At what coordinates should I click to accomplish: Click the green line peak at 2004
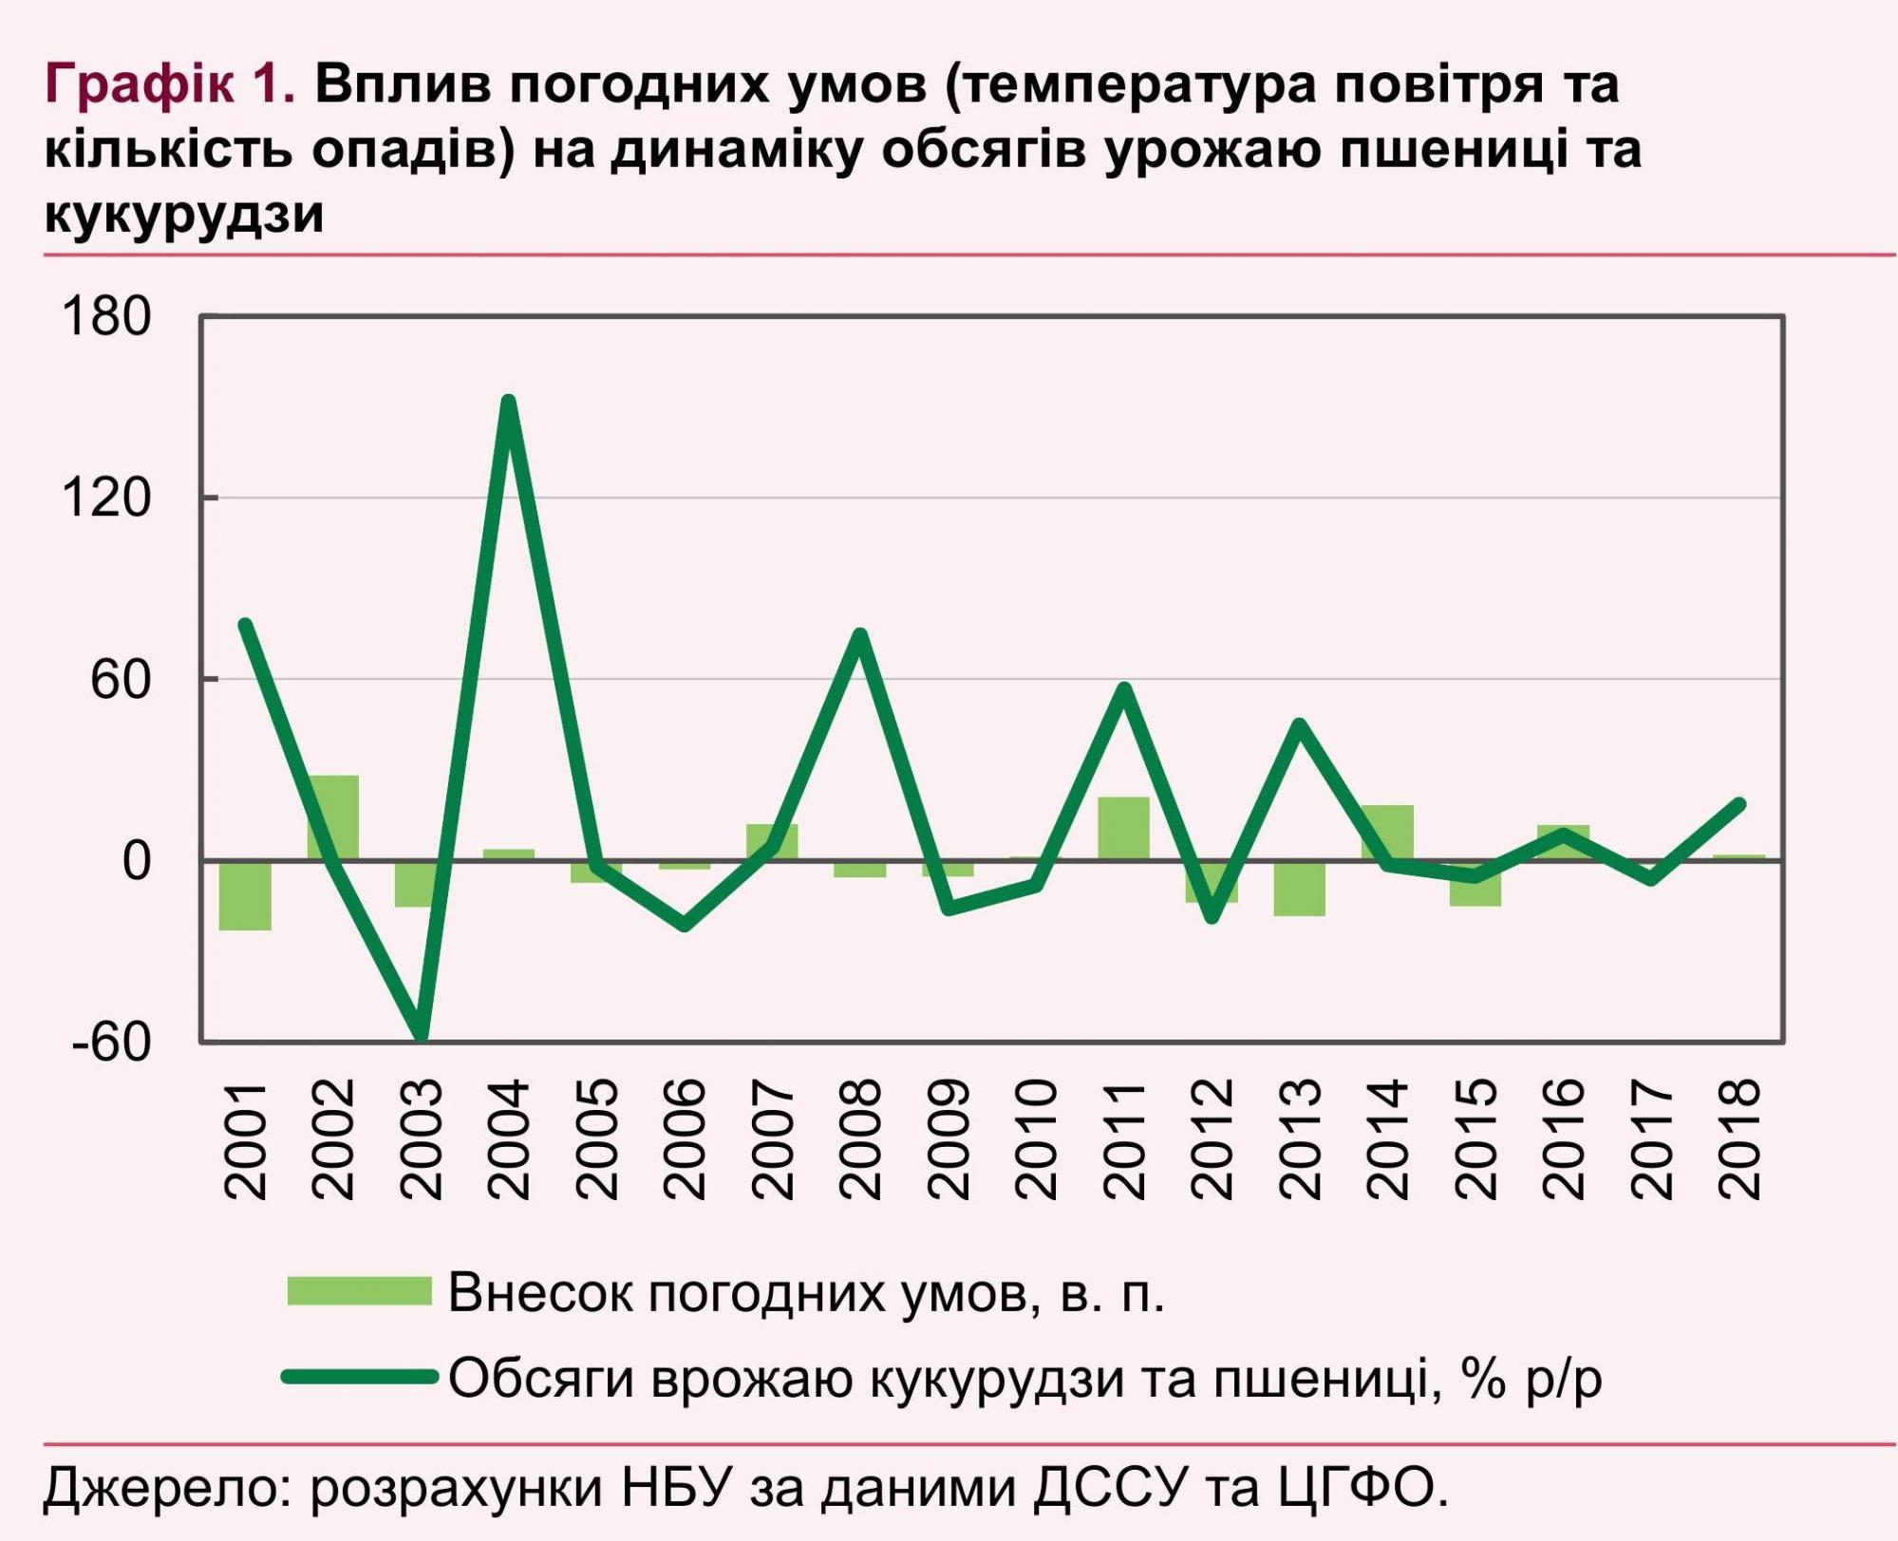(x=509, y=403)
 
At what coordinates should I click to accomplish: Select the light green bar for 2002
(x=333, y=817)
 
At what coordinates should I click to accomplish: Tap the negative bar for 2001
(x=245, y=895)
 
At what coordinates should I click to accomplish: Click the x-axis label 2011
(x=1124, y=1139)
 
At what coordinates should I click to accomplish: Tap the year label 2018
(x=1739, y=1139)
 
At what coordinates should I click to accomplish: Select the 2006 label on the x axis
(x=685, y=1139)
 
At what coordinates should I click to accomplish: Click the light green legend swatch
(x=360, y=1291)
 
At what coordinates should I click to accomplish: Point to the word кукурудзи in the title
(x=184, y=215)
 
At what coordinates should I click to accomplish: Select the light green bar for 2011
(x=1124, y=828)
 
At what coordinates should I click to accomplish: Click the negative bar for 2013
(x=1300, y=889)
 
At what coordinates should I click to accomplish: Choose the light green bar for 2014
(x=1387, y=832)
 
